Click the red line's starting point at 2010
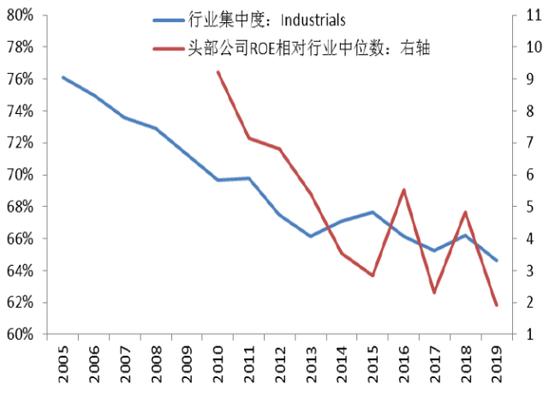coord(218,72)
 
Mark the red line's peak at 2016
coord(403,190)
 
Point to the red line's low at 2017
coord(434,292)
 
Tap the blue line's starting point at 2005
coord(63,77)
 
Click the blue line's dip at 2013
coord(311,236)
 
